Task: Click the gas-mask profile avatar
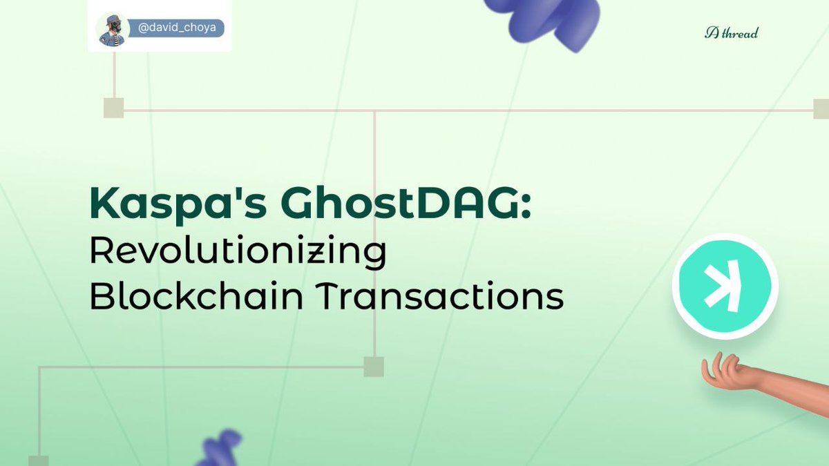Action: (111, 30)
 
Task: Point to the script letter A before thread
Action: (712, 32)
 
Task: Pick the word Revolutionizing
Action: (237, 253)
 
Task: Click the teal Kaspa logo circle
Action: (725, 286)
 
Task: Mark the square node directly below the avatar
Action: (113, 108)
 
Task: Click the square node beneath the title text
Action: (374, 367)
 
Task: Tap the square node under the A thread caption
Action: (821, 108)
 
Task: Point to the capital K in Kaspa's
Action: (104, 204)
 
